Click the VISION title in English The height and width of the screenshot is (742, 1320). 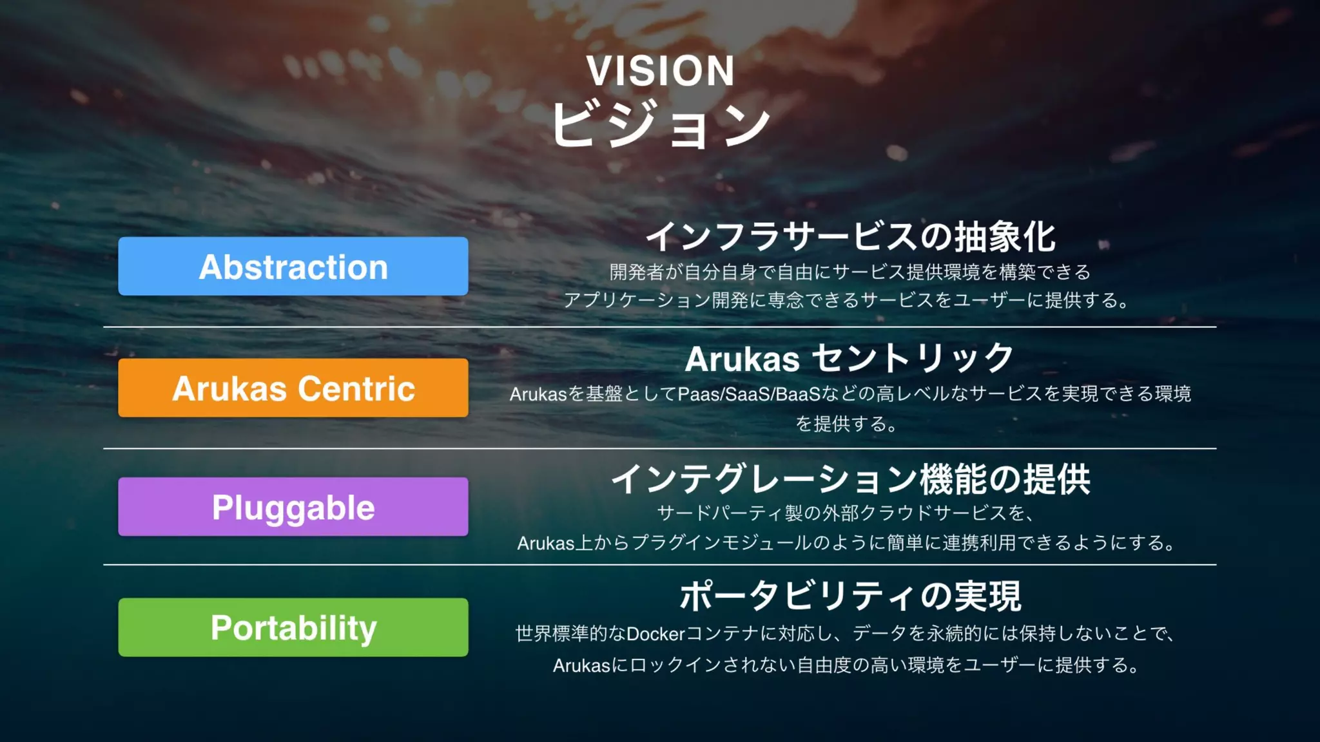tap(661, 71)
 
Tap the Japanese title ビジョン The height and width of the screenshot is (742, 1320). tap(661, 124)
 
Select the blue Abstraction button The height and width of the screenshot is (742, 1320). tap(293, 266)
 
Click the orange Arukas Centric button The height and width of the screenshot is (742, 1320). tap(293, 388)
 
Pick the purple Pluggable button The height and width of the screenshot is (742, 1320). tap(293, 507)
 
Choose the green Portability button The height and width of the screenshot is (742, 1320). tap(293, 627)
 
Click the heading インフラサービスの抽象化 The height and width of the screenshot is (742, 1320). tap(850, 236)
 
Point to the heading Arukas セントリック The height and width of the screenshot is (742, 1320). tap(850, 358)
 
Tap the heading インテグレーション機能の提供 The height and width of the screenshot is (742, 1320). tap(850, 479)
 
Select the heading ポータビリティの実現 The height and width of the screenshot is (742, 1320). tap(850, 596)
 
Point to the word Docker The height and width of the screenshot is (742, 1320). tap(655, 634)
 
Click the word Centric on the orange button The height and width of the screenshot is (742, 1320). tap(356, 388)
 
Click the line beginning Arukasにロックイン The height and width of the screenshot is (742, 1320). tap(846, 665)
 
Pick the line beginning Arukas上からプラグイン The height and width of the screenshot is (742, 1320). tap(846, 543)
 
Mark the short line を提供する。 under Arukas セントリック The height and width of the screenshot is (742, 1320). tap(846, 424)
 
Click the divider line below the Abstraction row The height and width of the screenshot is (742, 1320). tap(660, 327)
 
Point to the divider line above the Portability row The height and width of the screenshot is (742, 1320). tap(660, 565)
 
